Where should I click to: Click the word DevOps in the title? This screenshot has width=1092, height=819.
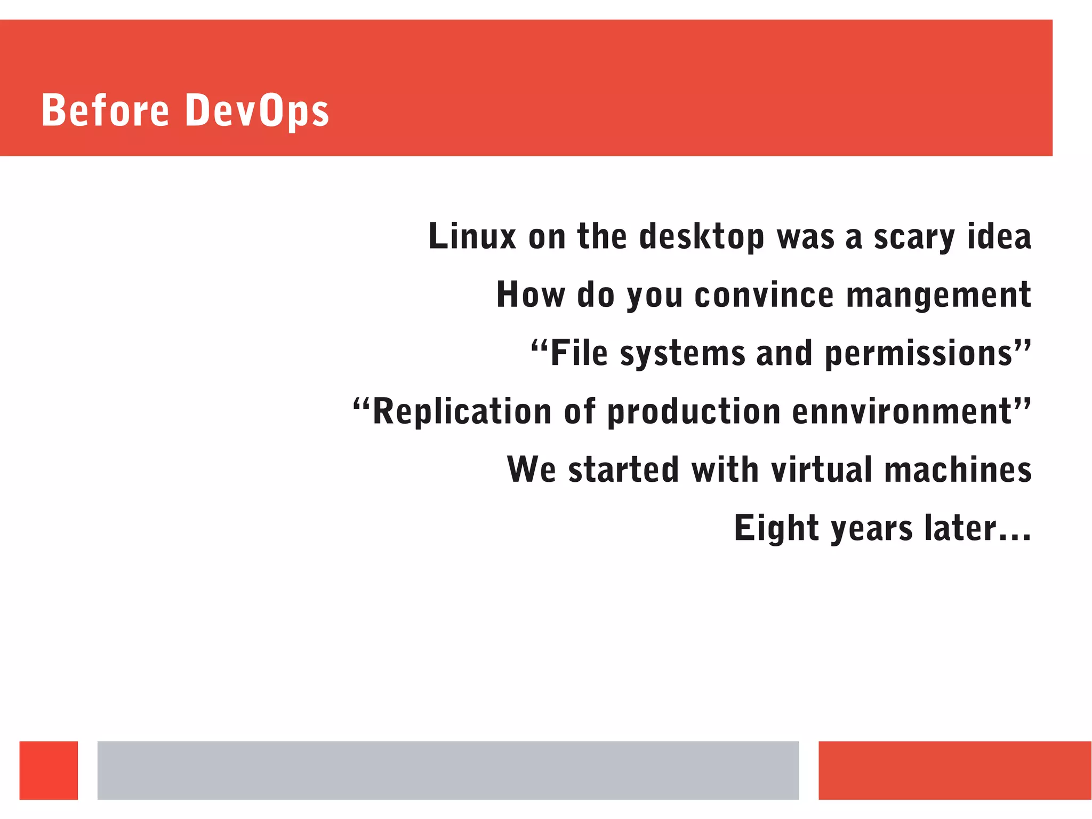pyautogui.click(x=257, y=111)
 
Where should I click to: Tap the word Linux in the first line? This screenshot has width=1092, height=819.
pyautogui.click(x=472, y=236)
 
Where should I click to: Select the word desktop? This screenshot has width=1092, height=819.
pyautogui.click(x=701, y=237)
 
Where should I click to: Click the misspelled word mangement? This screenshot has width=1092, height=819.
pyautogui.click(x=938, y=295)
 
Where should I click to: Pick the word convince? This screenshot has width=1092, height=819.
pyautogui.click(x=764, y=295)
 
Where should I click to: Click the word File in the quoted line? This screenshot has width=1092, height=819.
pyautogui.click(x=579, y=353)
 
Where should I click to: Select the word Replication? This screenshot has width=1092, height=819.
pyautogui.click(x=462, y=412)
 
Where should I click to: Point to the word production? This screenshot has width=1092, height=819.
pyautogui.click(x=694, y=412)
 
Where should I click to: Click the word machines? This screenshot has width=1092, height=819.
pyautogui.click(x=958, y=470)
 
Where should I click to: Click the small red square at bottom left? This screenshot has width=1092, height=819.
pyautogui.click(x=49, y=770)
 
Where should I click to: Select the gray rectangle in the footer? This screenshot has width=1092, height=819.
pyautogui.click(x=448, y=770)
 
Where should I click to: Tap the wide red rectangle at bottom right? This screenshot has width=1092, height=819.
pyautogui.click(x=954, y=770)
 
